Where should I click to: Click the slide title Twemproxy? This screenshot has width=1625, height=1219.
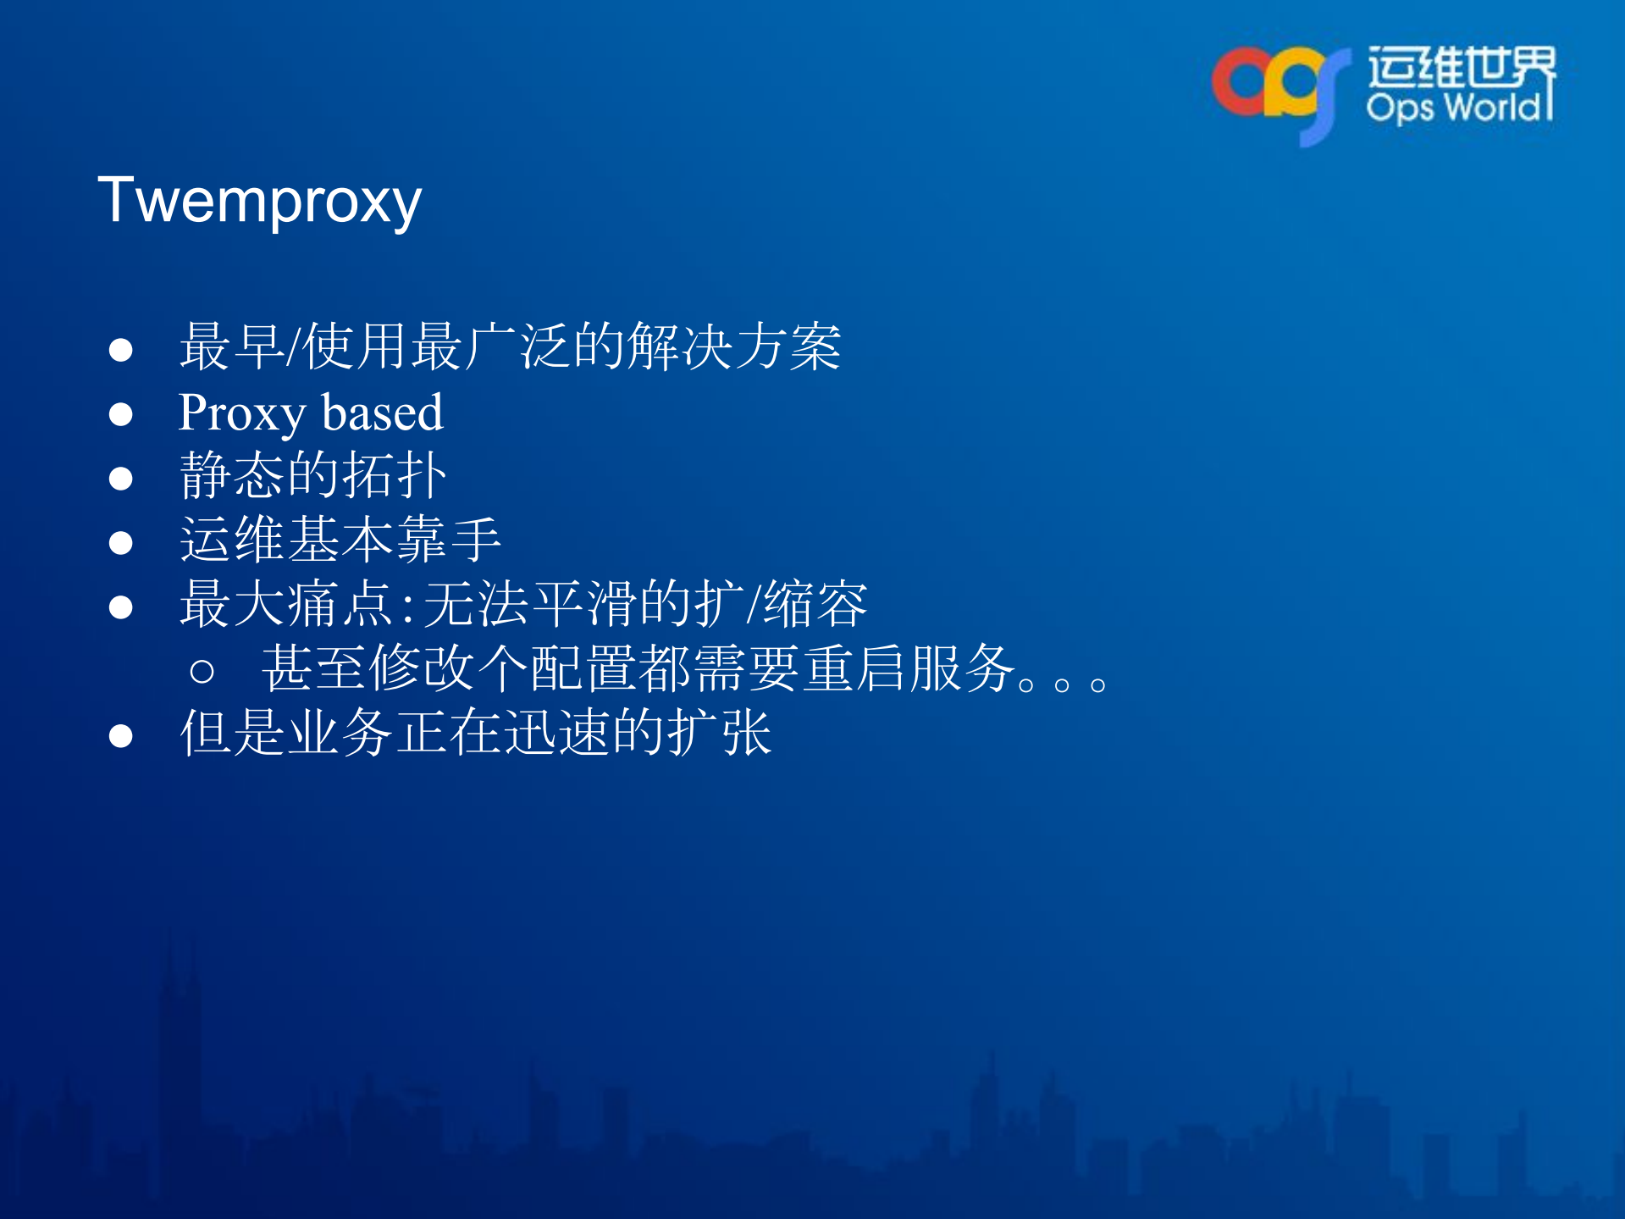(259, 202)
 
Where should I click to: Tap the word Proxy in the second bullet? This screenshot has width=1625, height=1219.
(241, 413)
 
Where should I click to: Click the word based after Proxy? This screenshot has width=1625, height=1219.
(383, 413)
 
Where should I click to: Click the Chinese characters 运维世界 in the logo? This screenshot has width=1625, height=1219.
(1461, 66)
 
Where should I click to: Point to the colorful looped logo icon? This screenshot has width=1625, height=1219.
(1279, 89)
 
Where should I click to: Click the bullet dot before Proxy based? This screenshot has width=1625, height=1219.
(121, 414)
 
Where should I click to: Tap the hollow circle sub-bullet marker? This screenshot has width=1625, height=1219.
(202, 672)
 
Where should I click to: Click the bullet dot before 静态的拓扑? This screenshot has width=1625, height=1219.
(121, 479)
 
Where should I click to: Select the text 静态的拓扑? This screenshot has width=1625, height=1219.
(312, 476)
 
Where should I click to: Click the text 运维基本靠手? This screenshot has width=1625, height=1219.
(340, 540)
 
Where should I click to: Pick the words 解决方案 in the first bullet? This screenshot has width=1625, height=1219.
(734, 347)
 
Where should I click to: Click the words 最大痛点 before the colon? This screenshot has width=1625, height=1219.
(286, 605)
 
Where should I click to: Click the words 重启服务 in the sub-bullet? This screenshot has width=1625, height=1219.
(909, 669)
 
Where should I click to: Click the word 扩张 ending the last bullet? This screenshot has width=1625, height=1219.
(720, 734)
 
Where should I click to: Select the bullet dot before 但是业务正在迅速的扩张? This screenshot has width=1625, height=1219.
(121, 736)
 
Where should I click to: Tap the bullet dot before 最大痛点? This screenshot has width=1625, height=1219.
(121, 607)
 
